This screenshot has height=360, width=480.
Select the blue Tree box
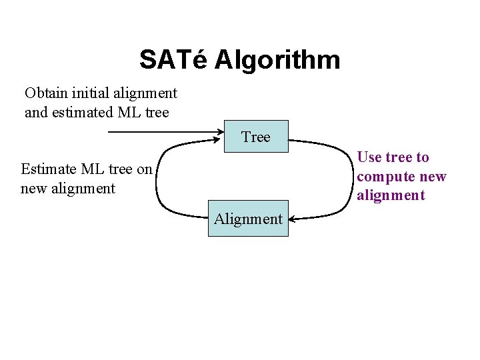pos(255,137)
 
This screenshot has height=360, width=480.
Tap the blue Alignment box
pos(248,218)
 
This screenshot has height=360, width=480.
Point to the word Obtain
pos(47,93)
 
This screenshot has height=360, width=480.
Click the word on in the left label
pos(145,169)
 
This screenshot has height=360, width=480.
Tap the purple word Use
pos(369,157)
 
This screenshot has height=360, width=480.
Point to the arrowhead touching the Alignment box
pos(294,218)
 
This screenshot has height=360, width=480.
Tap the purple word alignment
pos(390,195)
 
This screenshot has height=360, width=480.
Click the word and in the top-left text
pos(36,112)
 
